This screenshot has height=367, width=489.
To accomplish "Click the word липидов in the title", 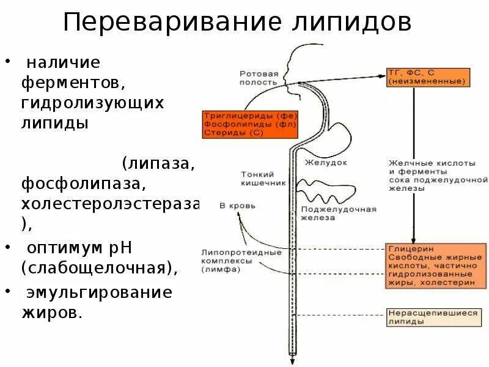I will coord(346,23).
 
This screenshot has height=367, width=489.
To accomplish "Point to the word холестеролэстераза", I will coord(110,203).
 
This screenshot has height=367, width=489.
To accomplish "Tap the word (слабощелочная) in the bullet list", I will coord(101,268).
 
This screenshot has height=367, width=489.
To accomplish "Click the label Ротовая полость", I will coord(259,78).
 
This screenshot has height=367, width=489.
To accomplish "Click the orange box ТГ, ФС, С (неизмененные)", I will coord(427,76).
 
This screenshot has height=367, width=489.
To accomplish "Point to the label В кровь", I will coord(233,206).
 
